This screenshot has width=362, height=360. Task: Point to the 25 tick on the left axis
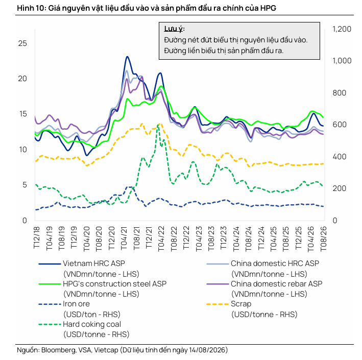pos(22,43)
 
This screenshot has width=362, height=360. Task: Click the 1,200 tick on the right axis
pos(342,29)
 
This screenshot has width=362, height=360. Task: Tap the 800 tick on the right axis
pos(339,93)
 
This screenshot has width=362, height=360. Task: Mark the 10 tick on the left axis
pos(23,150)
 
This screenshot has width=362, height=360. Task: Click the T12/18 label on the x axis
pos(36,237)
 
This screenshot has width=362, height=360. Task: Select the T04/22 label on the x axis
pos(161,238)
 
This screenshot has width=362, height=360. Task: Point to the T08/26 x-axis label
pos(323,238)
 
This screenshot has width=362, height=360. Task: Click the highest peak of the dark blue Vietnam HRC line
pos(127,57)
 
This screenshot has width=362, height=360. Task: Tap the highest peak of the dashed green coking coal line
pos(158,125)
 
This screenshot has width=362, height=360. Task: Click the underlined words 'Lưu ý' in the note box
pos(174,29)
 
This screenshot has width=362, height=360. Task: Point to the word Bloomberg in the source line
pos(59,350)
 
